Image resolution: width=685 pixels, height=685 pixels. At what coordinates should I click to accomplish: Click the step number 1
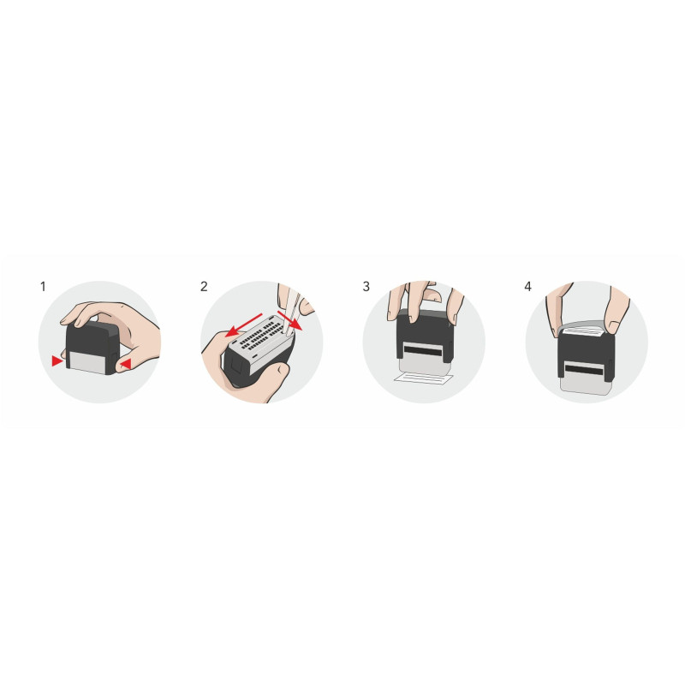pos(43,287)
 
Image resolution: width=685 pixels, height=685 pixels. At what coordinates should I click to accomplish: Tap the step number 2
pos(204,287)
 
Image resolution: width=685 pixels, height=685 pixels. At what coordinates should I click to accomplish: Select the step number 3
pos(366,287)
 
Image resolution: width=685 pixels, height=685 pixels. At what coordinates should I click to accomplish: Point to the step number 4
pos(527,287)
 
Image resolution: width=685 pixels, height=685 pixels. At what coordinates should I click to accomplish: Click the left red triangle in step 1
pos(57,360)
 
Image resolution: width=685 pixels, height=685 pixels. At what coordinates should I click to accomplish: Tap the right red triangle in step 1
pos(126,364)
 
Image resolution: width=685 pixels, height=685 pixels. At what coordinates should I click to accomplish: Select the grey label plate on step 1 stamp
pos(88,362)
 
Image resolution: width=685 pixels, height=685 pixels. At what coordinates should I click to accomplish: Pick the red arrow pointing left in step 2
pos(243,325)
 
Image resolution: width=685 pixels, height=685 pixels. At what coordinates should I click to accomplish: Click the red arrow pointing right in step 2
pos(289,321)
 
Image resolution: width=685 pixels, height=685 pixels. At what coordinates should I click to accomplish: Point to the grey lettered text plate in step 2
pos(261,337)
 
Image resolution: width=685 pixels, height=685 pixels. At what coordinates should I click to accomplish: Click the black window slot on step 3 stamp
pos(422,350)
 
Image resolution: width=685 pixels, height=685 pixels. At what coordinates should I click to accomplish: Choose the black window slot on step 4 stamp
pos(584,371)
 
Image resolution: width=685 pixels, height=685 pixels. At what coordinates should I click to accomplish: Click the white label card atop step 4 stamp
pos(581,333)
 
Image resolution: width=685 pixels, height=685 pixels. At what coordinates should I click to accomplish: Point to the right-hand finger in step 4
pos(616,310)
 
